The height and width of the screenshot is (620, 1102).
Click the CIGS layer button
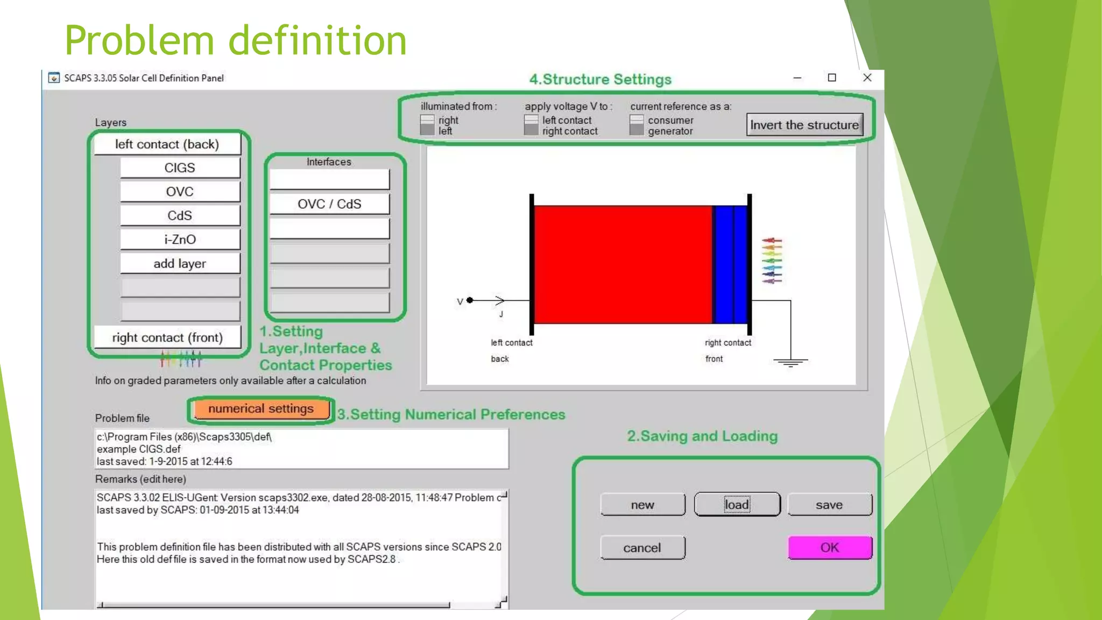click(x=180, y=168)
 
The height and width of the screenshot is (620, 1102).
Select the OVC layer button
click(x=180, y=192)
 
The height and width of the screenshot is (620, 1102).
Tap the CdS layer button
click(x=180, y=216)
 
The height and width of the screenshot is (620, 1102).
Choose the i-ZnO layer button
click(x=180, y=239)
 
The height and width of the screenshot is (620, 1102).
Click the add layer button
click(x=180, y=264)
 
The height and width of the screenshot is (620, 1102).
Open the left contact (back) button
click(x=167, y=144)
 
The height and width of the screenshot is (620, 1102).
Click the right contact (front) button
click(x=167, y=337)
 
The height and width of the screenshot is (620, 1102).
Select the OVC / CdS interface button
click(x=329, y=204)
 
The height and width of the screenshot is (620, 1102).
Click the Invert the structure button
click(x=804, y=125)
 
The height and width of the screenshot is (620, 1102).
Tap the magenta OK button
click(x=829, y=547)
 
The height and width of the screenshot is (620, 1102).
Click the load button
click(x=737, y=505)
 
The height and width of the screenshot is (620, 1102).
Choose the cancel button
click(x=642, y=548)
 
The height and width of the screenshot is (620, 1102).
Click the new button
click(x=642, y=505)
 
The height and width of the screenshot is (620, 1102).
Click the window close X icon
click(x=867, y=77)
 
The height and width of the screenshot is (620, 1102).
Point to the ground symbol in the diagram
click(x=790, y=362)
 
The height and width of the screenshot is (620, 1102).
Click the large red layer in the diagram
click(x=623, y=264)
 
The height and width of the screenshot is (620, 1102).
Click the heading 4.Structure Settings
click(x=600, y=79)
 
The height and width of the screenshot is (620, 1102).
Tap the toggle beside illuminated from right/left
click(x=427, y=125)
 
